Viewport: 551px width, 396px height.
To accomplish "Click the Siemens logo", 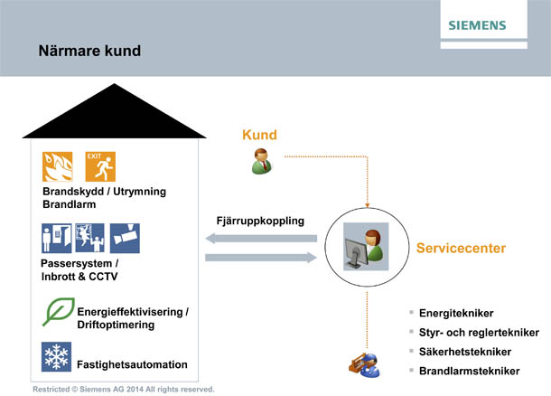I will pyautogui.click(x=490, y=24).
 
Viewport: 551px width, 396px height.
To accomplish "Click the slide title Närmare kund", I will pyautogui.click(x=89, y=51).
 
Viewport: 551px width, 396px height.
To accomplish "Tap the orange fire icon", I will pyautogui.click(x=58, y=167).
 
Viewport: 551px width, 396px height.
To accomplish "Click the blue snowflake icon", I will pyautogui.click(x=57, y=356).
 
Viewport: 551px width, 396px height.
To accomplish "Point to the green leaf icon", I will pyautogui.click(x=58, y=312).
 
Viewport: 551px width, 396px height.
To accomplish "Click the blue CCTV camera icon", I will pyautogui.click(x=126, y=239).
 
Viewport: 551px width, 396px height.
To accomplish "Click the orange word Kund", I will pyautogui.click(x=259, y=136).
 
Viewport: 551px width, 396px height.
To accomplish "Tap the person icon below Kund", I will pyautogui.click(x=259, y=161).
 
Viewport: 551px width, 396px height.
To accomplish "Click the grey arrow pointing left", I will pyautogui.click(x=261, y=239).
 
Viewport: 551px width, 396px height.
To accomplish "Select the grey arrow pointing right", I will pyautogui.click(x=261, y=259).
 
